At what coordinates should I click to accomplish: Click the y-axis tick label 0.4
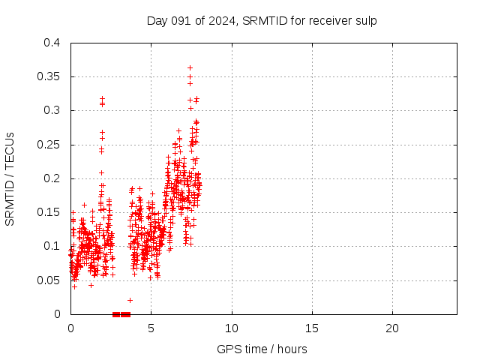pyautogui.click(x=52, y=43)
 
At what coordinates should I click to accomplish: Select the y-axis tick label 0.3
pyautogui.click(x=52, y=110)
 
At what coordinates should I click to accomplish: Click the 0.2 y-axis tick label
pyautogui.click(x=52, y=178)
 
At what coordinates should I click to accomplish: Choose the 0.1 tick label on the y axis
pyautogui.click(x=52, y=246)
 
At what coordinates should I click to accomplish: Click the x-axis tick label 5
pyautogui.click(x=151, y=328)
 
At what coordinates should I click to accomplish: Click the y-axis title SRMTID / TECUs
pyautogui.click(x=10, y=178)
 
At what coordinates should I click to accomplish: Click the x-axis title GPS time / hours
pyautogui.click(x=262, y=349)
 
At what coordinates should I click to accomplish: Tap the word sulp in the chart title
pyautogui.click(x=366, y=20)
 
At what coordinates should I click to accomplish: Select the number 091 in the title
pyautogui.click(x=180, y=20)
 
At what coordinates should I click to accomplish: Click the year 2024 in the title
pyautogui.click(x=222, y=20)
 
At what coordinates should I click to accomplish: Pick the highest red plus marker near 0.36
pyautogui.click(x=190, y=67)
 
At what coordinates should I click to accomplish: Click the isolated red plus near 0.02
pyautogui.click(x=130, y=300)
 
